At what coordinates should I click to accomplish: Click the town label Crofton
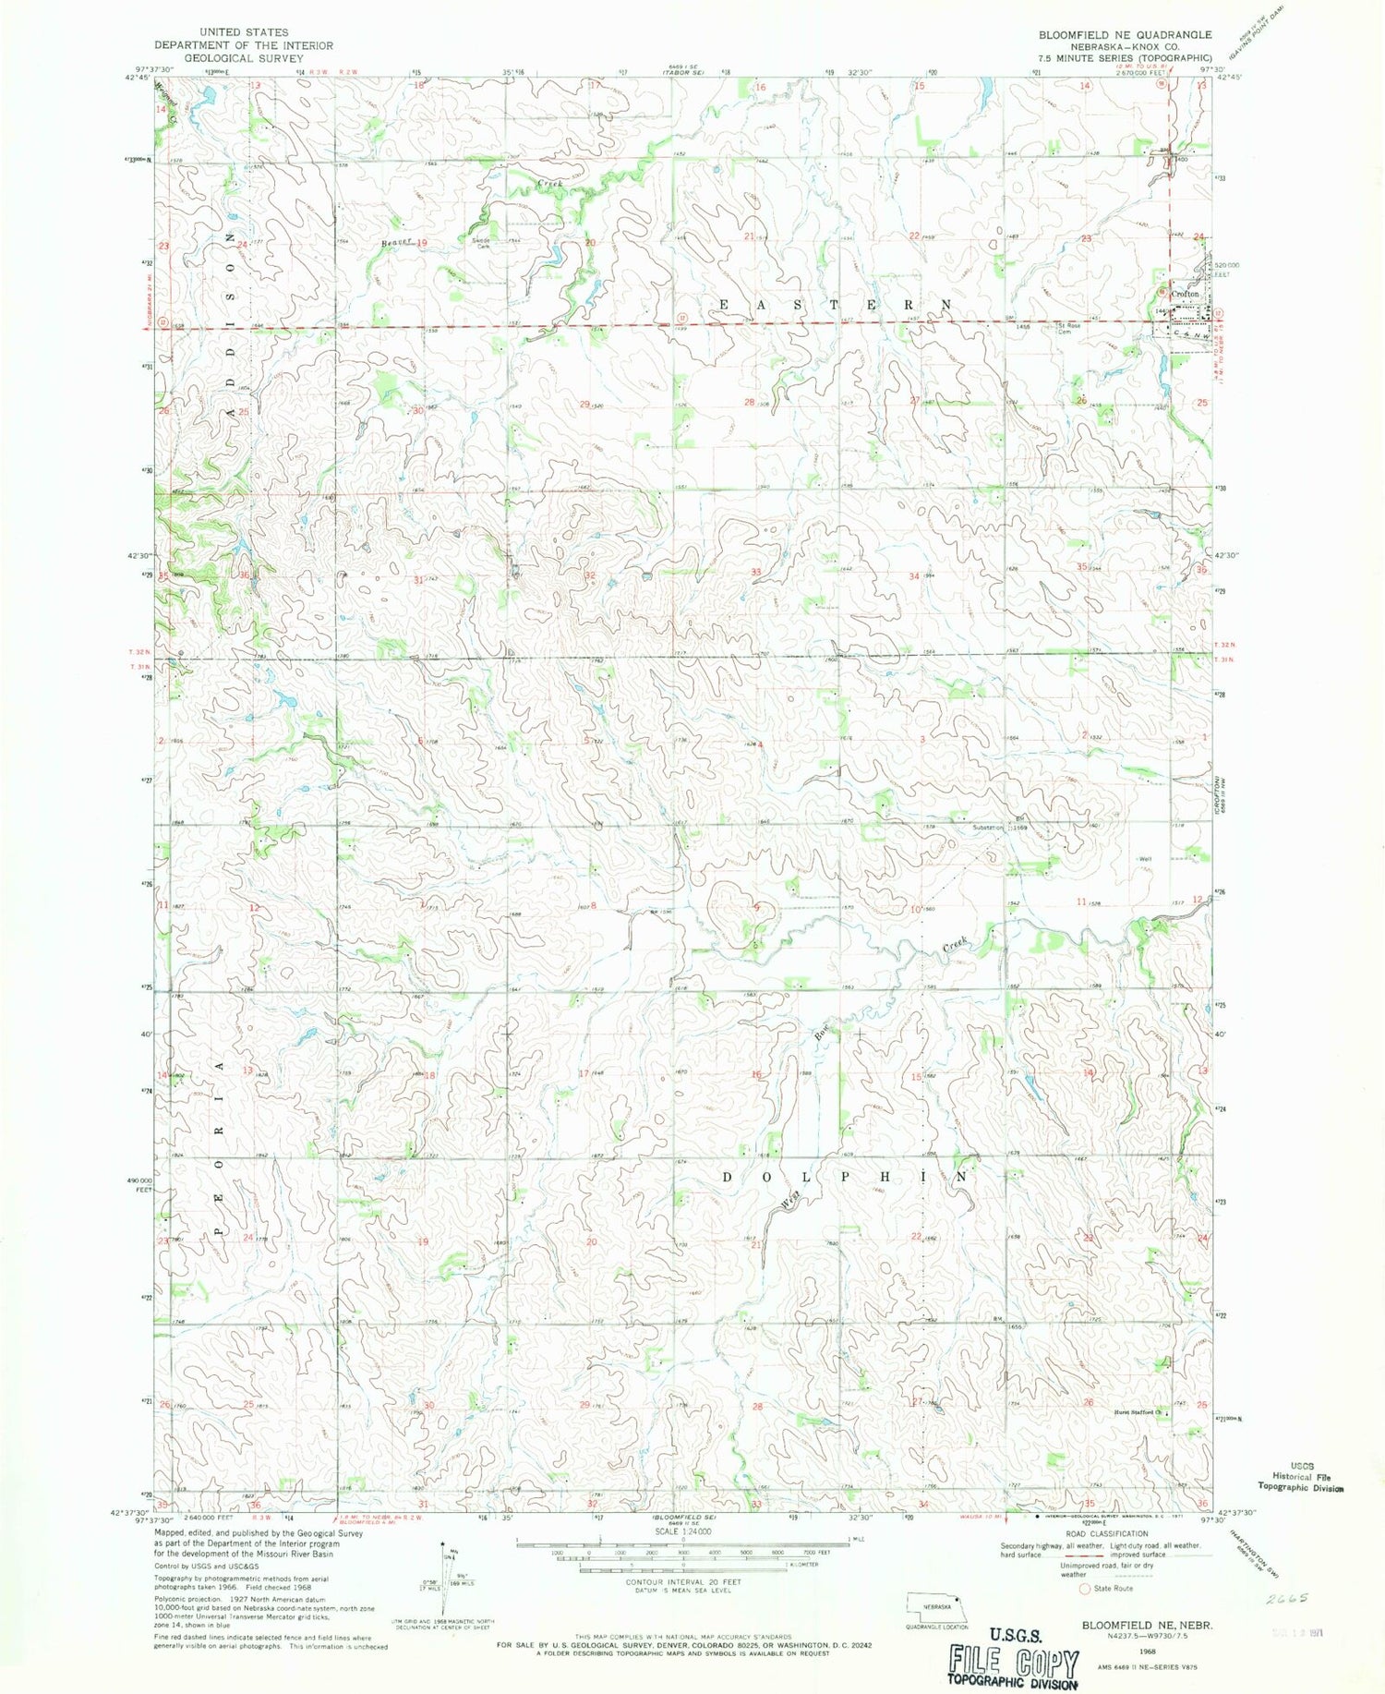(1185, 294)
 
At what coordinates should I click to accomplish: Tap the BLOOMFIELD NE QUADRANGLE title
(1125, 35)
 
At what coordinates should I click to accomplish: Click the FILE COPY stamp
(1014, 1661)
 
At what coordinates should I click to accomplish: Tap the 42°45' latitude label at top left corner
(136, 79)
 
